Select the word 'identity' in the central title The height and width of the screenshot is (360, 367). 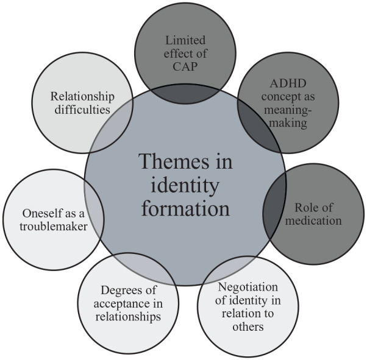[185, 185]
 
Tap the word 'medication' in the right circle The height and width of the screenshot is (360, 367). [314, 220]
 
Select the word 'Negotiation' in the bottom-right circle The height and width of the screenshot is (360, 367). [248, 288]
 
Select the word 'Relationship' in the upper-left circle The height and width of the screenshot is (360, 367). [83, 96]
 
